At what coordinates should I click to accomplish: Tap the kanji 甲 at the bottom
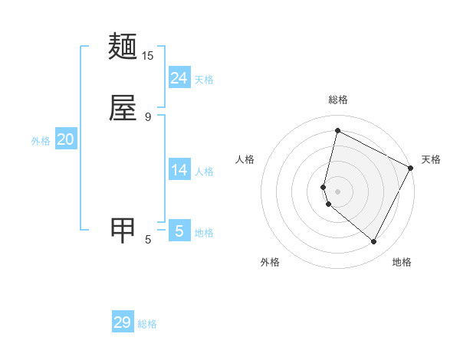point(123,230)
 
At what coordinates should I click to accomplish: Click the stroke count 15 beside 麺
point(147,56)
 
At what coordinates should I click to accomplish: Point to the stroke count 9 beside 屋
point(148,116)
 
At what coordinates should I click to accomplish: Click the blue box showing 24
point(179,77)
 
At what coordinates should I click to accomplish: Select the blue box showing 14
point(179,170)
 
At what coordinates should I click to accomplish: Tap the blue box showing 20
point(66,139)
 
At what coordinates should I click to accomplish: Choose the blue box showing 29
point(123,322)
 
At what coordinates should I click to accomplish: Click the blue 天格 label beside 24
point(204,80)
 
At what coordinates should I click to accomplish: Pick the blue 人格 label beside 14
point(204,172)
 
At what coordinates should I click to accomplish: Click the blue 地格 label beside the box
point(204,233)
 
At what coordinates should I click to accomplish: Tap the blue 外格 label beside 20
point(41,141)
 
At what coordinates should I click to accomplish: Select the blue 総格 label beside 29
point(147,325)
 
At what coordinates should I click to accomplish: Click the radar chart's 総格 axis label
point(337,100)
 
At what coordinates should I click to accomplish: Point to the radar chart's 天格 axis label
point(431,159)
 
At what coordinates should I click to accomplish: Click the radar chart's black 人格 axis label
point(245,159)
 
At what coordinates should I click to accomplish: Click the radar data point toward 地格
point(374,242)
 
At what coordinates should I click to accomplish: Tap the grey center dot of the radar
point(337,191)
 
